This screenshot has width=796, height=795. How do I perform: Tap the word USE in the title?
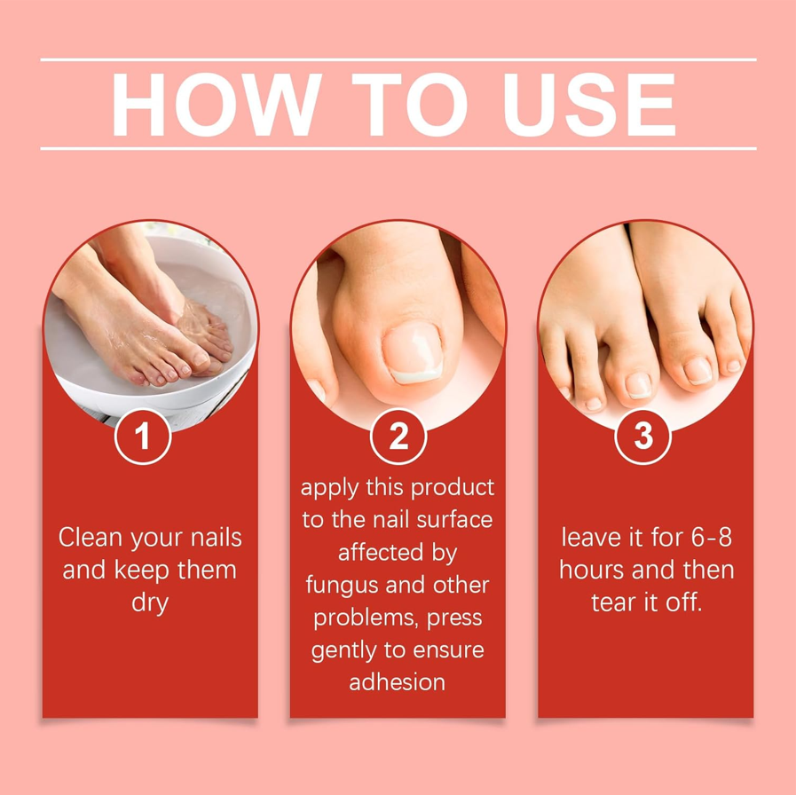(589, 104)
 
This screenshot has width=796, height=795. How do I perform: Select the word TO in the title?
(410, 104)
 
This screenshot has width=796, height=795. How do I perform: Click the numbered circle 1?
(143, 436)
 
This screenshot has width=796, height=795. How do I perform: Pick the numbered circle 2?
(398, 436)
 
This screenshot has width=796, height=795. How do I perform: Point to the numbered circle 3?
(643, 436)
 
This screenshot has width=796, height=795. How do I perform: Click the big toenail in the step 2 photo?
(413, 352)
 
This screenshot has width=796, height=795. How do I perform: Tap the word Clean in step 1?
(91, 537)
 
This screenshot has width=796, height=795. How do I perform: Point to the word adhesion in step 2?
(398, 682)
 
